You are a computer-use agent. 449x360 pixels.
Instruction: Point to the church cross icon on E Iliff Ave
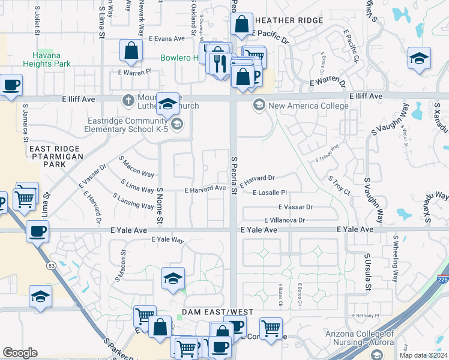coord(127,100)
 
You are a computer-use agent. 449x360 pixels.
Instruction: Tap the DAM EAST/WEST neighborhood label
coord(218,312)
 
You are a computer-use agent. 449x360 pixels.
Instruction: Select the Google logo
coord(20,353)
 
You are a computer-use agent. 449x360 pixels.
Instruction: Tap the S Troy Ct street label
coord(339,185)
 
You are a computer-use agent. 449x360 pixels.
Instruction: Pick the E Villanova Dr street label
coord(284,220)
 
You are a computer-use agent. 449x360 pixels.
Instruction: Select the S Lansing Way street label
coord(133,201)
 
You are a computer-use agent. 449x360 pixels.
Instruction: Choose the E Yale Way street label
coord(167,239)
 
